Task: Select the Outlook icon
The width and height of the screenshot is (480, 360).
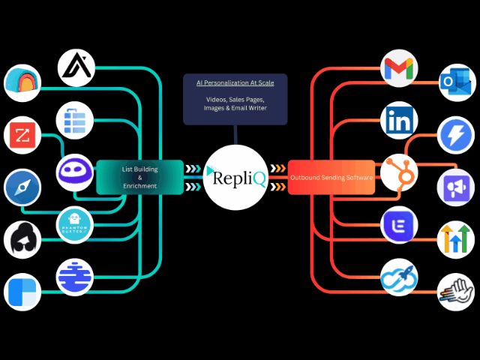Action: click(456, 82)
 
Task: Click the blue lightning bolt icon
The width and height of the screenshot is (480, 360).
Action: click(456, 136)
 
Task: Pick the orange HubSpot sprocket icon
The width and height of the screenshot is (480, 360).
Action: click(399, 172)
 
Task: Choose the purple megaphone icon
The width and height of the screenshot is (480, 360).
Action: click(456, 187)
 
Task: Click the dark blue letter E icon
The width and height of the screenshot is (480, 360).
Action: click(399, 225)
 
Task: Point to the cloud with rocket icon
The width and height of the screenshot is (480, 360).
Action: click(399, 276)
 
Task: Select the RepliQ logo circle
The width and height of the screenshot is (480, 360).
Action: click(234, 177)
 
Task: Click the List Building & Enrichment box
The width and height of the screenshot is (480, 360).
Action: click(139, 177)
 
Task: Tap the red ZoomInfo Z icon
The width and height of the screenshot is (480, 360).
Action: click(22, 136)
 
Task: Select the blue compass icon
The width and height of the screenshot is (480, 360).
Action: click(22, 187)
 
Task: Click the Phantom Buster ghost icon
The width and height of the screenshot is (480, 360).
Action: click(76, 224)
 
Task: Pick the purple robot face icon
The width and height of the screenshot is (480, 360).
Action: click(76, 172)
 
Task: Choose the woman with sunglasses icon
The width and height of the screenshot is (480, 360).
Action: click(22, 240)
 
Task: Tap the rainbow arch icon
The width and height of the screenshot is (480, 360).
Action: click(22, 82)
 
